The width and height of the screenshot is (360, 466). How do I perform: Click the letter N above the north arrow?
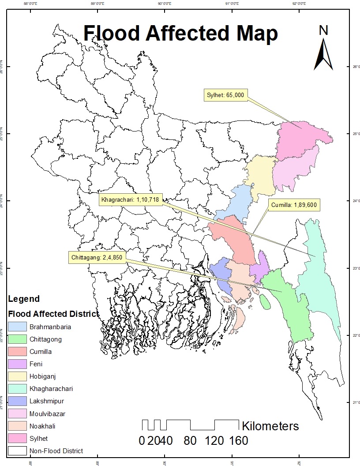[x=324, y=30]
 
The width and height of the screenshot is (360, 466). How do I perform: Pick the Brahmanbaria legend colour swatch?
[x=17, y=327]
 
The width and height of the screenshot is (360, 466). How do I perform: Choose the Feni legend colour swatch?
[x=17, y=364]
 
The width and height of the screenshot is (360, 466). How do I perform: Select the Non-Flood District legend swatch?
[x=17, y=451]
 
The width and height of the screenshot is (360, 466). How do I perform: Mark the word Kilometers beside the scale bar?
[x=270, y=426]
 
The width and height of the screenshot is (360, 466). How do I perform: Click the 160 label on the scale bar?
[x=238, y=440]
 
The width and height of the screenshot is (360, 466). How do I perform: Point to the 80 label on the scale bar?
[x=191, y=440]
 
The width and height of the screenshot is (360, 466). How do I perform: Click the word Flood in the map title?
[x=113, y=34]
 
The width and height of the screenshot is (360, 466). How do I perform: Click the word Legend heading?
[x=24, y=299]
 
